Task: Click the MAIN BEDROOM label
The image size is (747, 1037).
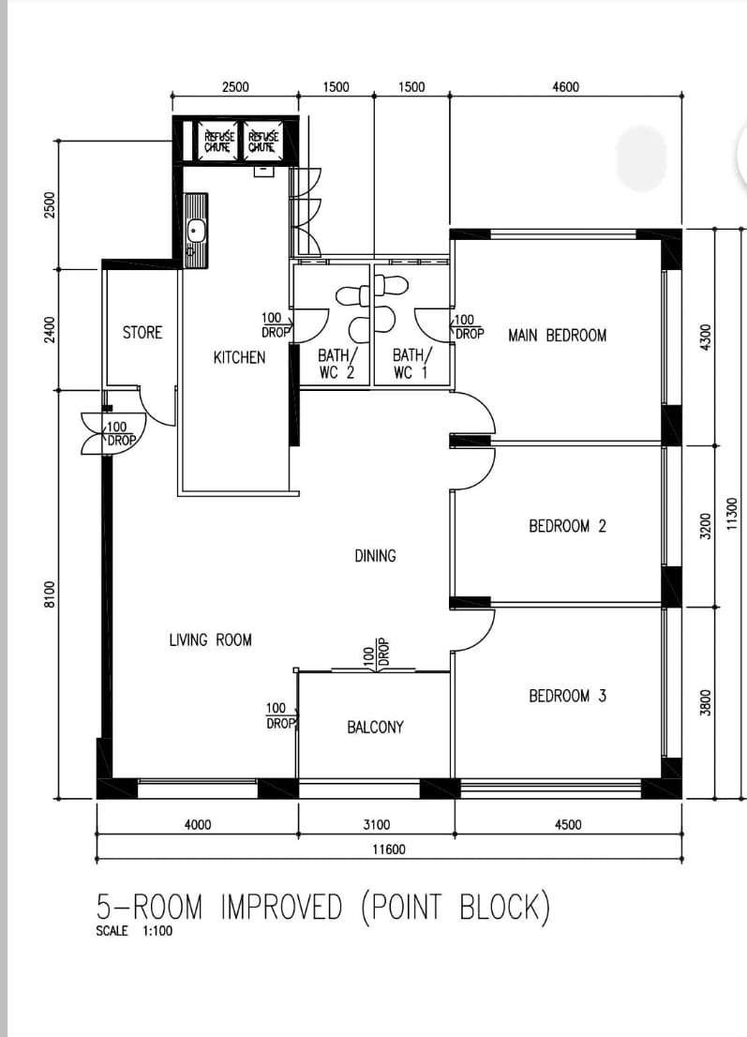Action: click(x=557, y=336)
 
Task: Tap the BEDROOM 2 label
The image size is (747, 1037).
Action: click(x=567, y=526)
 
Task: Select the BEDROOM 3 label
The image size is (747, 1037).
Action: click(x=567, y=696)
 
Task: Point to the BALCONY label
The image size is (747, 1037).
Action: click(x=375, y=728)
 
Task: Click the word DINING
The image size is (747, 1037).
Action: click(x=375, y=556)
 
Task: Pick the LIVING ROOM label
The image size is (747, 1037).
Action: click(x=210, y=640)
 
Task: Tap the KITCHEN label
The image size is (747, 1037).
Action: click(x=239, y=358)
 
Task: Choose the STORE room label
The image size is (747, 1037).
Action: click(x=142, y=332)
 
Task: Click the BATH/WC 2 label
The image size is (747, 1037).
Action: click(x=337, y=364)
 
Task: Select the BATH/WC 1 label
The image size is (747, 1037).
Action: click(x=411, y=364)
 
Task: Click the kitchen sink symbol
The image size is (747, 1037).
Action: click(x=195, y=231)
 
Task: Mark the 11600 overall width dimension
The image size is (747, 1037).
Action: click(x=389, y=849)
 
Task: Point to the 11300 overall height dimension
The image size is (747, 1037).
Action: click(x=731, y=513)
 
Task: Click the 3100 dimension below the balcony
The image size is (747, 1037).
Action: click(x=376, y=825)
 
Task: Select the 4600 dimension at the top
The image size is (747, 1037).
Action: click(x=565, y=86)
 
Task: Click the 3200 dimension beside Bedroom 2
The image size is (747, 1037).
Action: click(x=706, y=526)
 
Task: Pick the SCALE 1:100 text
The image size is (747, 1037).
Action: click(x=134, y=931)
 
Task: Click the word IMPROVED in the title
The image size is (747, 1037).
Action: click(x=281, y=907)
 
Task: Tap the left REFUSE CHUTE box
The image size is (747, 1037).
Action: click(x=217, y=141)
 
